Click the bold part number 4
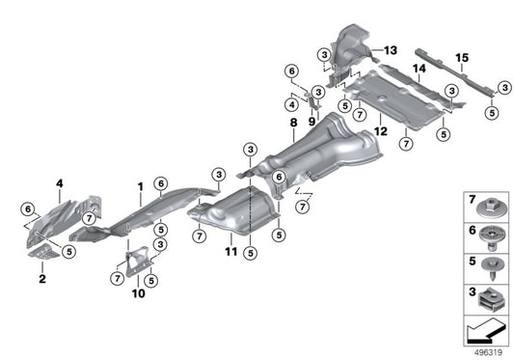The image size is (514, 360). (x=59, y=182)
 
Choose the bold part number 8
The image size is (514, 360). (x=292, y=124)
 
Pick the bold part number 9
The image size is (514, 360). (x=312, y=123)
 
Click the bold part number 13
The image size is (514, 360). (x=391, y=49)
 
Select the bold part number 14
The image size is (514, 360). (x=419, y=69)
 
